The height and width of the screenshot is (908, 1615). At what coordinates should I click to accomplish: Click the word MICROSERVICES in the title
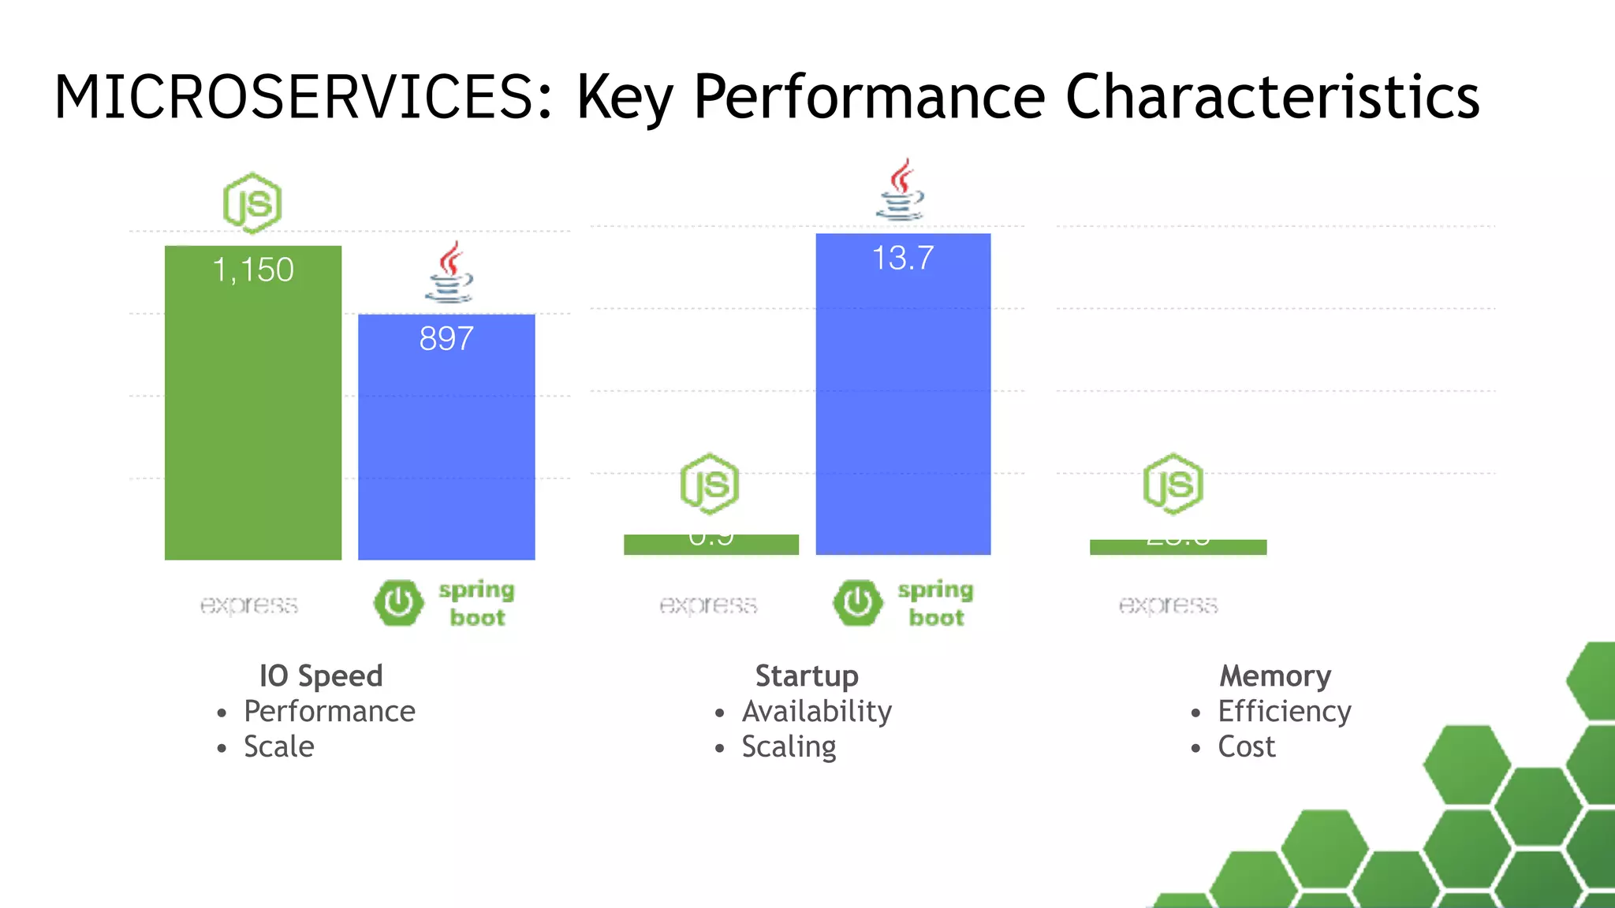(296, 97)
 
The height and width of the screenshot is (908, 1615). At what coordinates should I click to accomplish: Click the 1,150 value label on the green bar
(253, 270)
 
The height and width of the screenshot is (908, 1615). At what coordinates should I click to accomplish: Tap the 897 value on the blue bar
(446, 339)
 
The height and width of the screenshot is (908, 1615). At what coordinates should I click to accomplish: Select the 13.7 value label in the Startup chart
(903, 259)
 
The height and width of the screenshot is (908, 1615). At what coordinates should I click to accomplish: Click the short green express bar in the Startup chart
(711, 545)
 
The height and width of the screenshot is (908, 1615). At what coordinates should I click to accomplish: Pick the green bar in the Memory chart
(1177, 547)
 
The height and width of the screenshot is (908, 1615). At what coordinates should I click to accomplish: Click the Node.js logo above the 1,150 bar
(252, 203)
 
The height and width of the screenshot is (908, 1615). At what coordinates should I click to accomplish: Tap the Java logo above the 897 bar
(449, 273)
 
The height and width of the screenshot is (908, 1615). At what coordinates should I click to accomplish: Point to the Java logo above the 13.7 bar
(901, 190)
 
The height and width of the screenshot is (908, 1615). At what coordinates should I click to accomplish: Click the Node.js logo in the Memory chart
(1173, 484)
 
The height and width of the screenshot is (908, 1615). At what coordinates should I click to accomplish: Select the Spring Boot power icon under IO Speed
(398, 603)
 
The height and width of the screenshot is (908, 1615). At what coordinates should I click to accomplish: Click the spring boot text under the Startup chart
(935, 604)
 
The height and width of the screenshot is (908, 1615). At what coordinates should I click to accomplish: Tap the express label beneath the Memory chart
(1168, 605)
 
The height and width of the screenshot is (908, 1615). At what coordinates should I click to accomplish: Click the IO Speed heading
(321, 676)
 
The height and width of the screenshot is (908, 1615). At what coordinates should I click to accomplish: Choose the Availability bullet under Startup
(816, 712)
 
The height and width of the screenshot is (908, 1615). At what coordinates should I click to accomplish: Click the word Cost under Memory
(1246, 747)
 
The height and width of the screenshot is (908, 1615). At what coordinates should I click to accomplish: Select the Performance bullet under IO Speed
(329, 712)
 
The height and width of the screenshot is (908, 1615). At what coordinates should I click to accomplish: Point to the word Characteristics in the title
(1272, 97)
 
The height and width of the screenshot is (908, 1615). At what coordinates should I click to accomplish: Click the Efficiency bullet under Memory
(1284, 712)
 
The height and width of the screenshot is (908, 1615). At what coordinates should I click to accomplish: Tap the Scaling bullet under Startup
(789, 747)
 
